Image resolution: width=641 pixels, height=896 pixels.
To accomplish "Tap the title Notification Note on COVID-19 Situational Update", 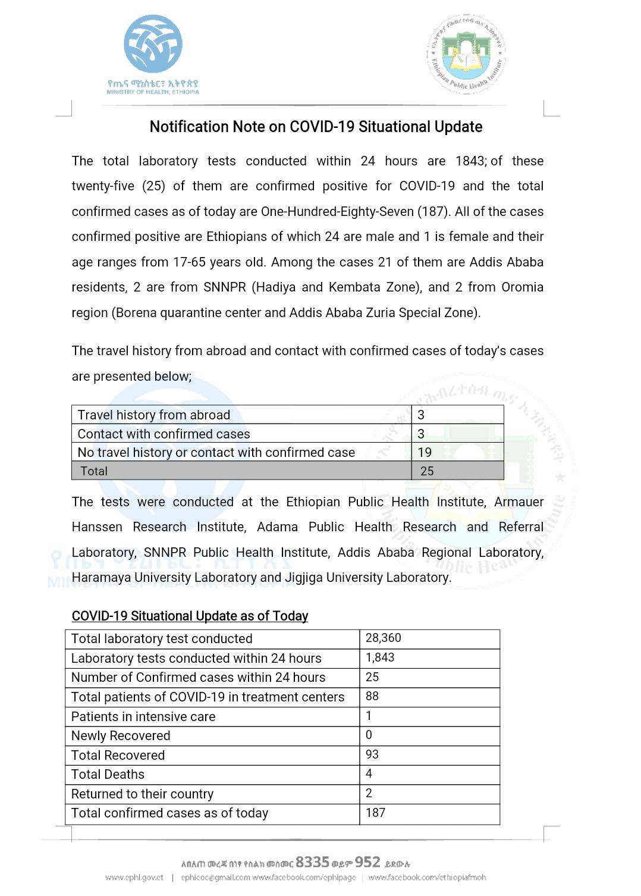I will tap(316, 127).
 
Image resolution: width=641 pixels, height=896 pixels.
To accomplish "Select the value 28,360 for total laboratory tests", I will tap(383, 638).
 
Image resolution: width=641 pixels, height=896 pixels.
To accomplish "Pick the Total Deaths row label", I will tap(108, 774).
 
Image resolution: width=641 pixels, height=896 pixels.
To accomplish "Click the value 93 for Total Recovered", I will tap(372, 754).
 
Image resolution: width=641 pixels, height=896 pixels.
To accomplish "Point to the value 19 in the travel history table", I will tap(425, 452).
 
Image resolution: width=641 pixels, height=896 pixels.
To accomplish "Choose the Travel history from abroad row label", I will tap(153, 415).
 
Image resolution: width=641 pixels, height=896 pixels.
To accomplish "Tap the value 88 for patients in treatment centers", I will tap(372, 696).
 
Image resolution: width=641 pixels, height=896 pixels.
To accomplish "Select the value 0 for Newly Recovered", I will tap(369, 735).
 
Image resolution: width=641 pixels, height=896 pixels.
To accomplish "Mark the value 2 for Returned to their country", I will tap(369, 793).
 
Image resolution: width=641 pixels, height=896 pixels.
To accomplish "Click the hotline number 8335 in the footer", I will tap(312, 862).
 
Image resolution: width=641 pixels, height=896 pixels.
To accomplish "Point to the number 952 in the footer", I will tap(367, 862).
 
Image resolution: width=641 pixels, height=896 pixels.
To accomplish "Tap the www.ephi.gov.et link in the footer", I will tap(134, 878).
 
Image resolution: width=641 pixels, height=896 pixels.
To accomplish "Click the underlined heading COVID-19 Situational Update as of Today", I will tap(190, 616).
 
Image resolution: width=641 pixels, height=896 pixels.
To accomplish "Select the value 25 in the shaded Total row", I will tap(427, 471).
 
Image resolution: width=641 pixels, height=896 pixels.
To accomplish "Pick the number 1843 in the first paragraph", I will tap(470, 161).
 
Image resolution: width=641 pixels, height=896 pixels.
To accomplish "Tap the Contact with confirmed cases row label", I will tap(164, 434).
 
